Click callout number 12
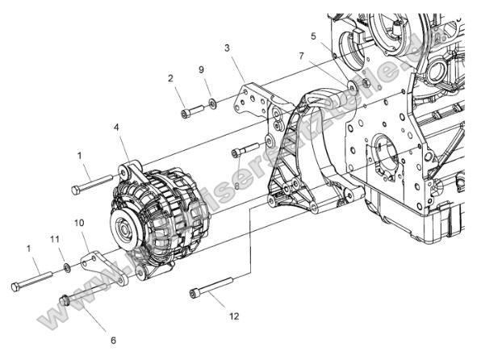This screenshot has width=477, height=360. [x=233, y=316]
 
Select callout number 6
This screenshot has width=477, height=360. [x=113, y=341]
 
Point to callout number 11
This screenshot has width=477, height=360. [x=55, y=240]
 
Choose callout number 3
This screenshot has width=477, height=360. [x=228, y=48]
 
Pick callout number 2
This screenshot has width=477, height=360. [x=170, y=78]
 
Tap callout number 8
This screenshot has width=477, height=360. [x=236, y=186]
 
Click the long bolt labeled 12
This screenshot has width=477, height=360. [x=211, y=287]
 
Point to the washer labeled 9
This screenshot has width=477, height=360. [x=212, y=103]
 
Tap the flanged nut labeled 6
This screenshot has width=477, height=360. [x=66, y=300]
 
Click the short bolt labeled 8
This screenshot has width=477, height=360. [x=245, y=151]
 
